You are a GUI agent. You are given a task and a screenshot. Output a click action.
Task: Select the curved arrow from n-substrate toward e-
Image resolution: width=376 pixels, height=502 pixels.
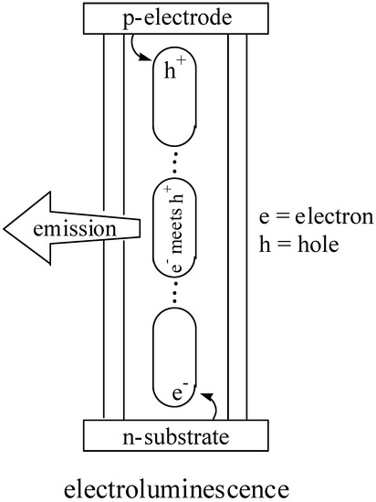pyautogui.click(x=207, y=402)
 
